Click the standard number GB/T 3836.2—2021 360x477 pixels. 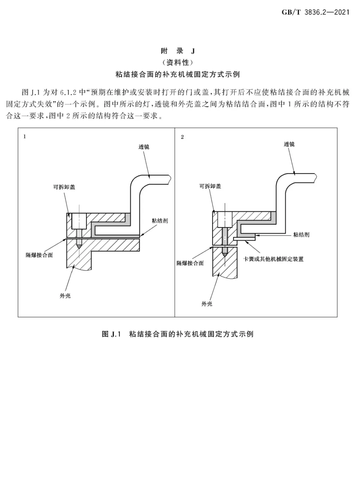(x=315, y=12)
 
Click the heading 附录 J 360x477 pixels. (x=178, y=51)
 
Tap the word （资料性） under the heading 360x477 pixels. (x=178, y=63)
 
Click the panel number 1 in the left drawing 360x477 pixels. (x=25, y=136)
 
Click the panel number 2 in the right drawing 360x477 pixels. (x=182, y=137)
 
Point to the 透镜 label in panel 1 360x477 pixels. (x=144, y=147)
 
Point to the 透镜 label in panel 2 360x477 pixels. (x=289, y=144)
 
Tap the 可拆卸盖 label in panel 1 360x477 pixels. (x=64, y=187)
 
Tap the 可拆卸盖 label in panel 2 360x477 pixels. (x=210, y=186)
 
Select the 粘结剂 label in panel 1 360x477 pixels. (x=160, y=221)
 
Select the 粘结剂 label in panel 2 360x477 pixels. (x=301, y=235)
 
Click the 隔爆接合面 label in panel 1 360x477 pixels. (x=39, y=255)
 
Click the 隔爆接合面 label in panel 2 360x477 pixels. (x=190, y=264)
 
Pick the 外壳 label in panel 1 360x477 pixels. (x=65, y=296)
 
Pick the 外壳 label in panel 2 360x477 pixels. (x=207, y=304)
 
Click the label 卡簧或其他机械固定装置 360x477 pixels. (x=273, y=259)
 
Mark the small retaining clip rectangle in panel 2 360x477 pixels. (x=244, y=239)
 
